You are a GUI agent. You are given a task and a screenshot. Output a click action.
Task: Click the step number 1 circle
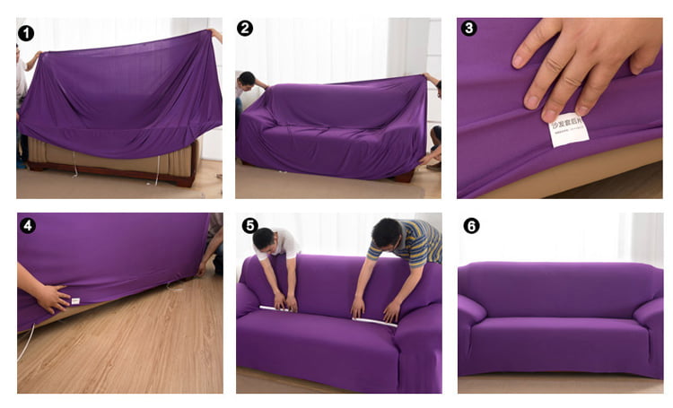coord(26,33)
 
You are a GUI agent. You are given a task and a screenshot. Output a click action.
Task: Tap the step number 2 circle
coord(245,29)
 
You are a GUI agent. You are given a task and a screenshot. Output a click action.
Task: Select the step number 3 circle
coord(468,29)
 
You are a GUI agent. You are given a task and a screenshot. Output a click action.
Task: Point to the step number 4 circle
coord(27,225)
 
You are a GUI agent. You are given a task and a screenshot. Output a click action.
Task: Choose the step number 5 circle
coord(249,225)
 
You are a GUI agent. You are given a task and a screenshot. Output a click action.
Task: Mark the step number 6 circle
coord(471,225)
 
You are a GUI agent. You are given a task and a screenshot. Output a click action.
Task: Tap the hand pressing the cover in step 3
coord(583,58)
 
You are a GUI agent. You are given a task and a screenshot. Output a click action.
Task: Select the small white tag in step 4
coord(75,301)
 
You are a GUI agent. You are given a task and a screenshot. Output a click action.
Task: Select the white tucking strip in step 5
coord(328,315)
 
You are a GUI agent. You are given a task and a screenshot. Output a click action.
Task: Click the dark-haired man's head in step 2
coord(248,80)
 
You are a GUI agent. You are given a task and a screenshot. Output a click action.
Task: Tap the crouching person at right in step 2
coord(434,143)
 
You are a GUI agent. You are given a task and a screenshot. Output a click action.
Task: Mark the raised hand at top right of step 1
coord(215,35)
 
